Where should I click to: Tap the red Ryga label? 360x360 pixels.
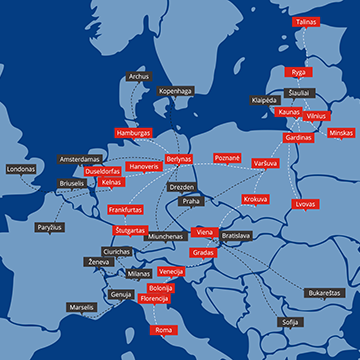click(x=298, y=72)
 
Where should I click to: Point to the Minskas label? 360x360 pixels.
click(x=341, y=133)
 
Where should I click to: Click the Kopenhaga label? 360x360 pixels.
click(x=174, y=91)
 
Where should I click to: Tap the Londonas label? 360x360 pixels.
click(x=21, y=169)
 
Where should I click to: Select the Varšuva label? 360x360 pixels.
click(x=265, y=162)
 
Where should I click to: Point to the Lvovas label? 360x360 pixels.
click(x=305, y=204)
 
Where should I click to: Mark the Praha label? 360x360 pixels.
click(x=190, y=202)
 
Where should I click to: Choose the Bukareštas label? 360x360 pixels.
click(x=325, y=292)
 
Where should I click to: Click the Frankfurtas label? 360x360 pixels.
click(x=125, y=210)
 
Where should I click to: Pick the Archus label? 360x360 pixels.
click(x=139, y=76)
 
